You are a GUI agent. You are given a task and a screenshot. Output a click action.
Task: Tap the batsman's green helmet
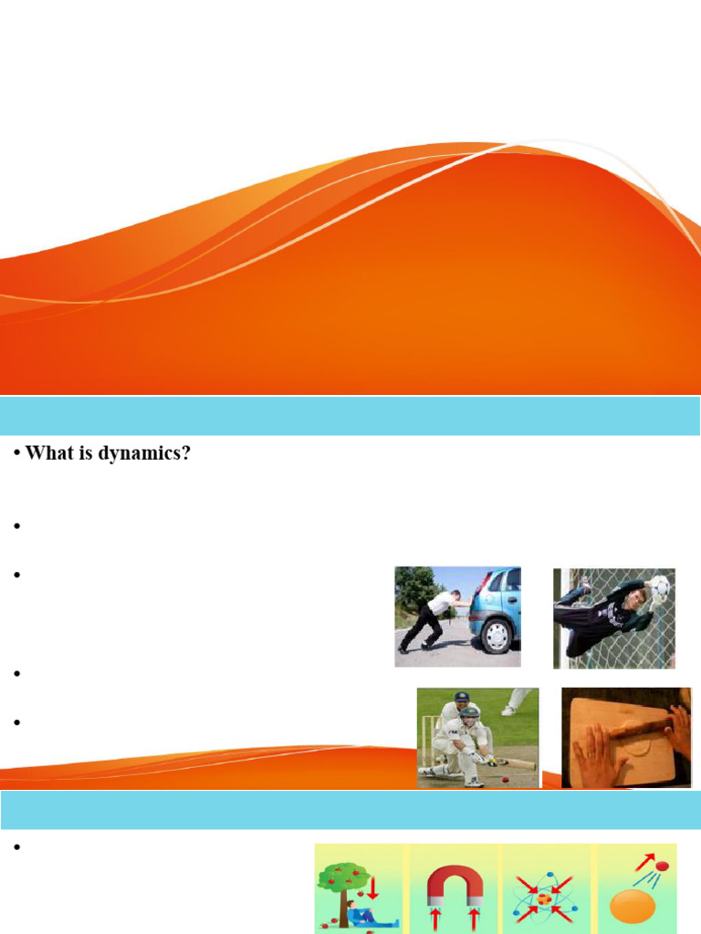point(469,713)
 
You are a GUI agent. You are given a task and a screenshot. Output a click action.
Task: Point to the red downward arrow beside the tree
point(372,884)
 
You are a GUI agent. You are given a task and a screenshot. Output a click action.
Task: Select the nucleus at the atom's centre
point(545,898)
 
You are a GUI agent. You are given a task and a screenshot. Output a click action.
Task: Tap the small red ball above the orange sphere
point(662,865)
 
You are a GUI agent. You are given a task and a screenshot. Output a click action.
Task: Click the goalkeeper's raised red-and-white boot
point(585,589)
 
